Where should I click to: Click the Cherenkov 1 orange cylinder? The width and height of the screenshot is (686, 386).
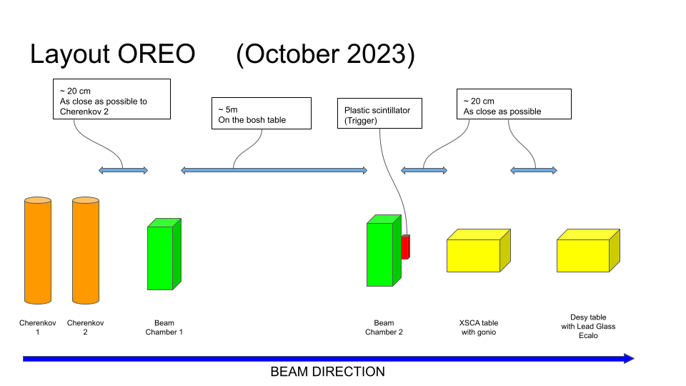(38, 250)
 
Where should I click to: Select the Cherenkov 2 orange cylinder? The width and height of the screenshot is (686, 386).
(86, 250)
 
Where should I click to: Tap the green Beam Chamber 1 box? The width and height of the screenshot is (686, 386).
(164, 254)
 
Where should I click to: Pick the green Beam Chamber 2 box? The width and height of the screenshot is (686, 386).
(384, 251)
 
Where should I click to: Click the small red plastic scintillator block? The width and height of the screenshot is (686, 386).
(406, 247)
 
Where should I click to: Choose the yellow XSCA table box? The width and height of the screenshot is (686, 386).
(479, 251)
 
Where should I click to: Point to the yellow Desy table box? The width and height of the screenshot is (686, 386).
(588, 251)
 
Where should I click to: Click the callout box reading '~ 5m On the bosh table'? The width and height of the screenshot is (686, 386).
(262, 114)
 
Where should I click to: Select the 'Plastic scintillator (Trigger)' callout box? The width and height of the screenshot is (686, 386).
(379, 114)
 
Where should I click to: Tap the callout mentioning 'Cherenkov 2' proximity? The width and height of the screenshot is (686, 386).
(111, 99)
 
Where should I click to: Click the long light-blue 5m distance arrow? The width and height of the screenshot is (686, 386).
(274, 170)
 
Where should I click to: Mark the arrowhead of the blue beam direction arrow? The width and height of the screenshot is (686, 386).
(629, 359)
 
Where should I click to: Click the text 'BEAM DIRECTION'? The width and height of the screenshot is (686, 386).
(328, 372)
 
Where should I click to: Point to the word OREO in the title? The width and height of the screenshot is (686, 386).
(156, 54)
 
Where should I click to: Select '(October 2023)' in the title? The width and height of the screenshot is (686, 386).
(326, 55)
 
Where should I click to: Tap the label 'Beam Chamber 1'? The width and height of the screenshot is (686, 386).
(164, 327)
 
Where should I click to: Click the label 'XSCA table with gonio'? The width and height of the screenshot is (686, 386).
(479, 327)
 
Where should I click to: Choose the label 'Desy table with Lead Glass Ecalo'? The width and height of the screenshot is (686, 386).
(588, 327)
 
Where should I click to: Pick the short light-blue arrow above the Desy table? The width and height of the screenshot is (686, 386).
(534, 170)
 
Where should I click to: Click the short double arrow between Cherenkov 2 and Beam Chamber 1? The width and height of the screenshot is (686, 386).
(124, 170)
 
